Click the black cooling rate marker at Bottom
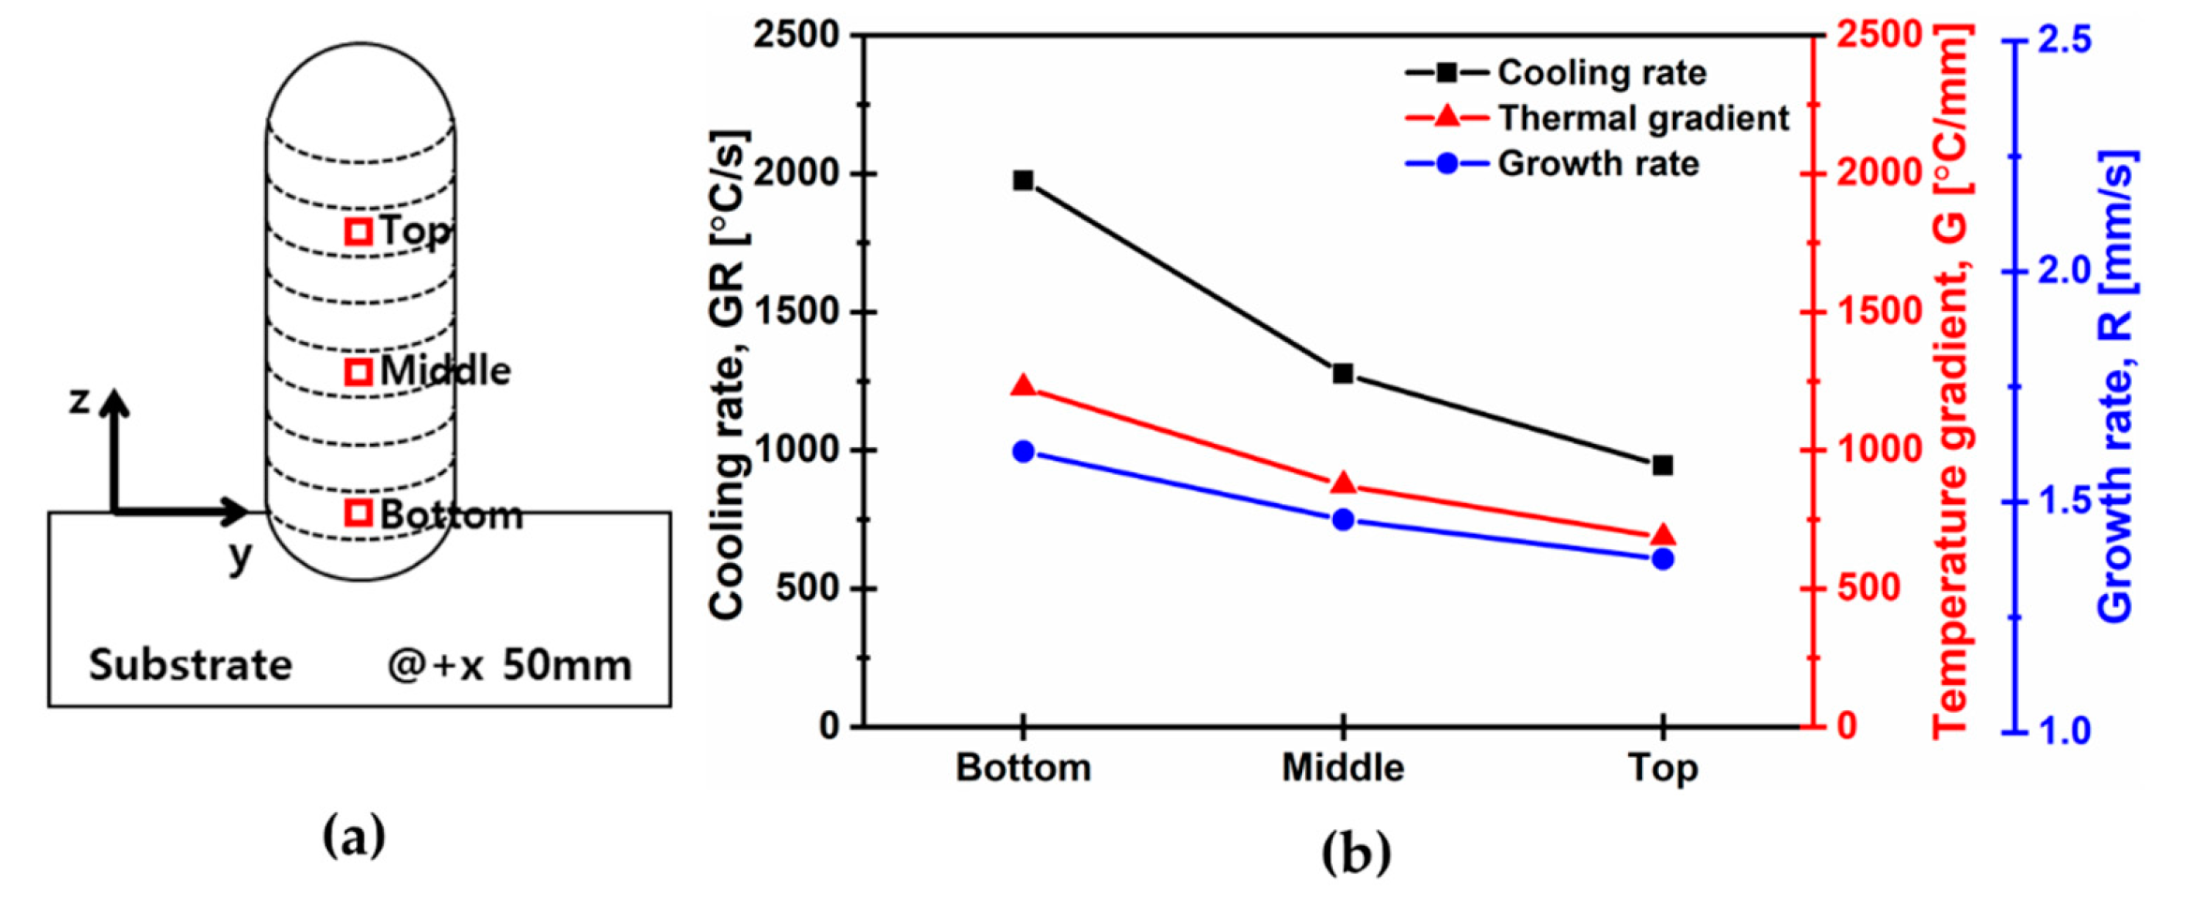(1023, 180)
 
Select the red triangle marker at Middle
(1342, 483)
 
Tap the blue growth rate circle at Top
(1663, 559)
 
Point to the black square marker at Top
(1663, 466)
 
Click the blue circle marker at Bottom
(1023, 452)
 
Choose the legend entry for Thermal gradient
(1596, 118)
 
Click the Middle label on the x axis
(1342, 768)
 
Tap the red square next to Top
(358, 231)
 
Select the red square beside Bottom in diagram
(358, 512)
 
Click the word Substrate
(190, 665)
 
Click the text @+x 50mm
(509, 665)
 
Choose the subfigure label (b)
(1355, 853)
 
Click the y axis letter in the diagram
(241, 556)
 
